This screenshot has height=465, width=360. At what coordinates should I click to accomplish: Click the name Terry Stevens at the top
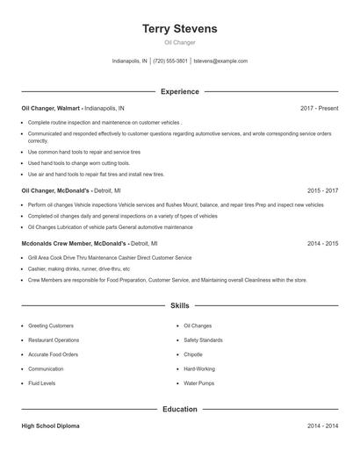[180, 29]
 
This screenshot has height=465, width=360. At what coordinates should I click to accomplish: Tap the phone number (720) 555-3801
[170, 61]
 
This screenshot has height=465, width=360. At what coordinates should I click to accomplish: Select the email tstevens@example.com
[220, 61]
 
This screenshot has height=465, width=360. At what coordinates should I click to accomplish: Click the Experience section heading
[180, 91]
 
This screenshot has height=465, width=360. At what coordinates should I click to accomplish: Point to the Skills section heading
[180, 305]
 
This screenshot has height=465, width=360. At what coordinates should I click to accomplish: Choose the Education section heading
[180, 409]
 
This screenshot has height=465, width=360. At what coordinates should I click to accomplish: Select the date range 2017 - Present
[319, 108]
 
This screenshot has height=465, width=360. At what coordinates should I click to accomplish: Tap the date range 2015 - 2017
[322, 190]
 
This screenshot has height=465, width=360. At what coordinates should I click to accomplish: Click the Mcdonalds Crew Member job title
[74, 243]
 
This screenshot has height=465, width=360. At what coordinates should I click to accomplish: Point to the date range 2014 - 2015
[322, 243]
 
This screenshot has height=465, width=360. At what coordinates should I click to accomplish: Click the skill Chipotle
[194, 354]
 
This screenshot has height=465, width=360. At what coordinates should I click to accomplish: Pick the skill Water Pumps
[198, 383]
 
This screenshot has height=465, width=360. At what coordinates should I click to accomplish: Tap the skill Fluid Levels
[42, 383]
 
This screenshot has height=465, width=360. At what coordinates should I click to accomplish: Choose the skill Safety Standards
[203, 340]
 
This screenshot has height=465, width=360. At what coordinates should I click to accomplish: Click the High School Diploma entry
[50, 426]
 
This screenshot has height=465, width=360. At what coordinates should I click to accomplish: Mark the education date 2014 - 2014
[322, 426]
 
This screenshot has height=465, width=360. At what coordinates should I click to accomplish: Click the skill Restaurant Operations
[54, 340]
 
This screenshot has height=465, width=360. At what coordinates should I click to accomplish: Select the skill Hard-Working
[199, 368]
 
